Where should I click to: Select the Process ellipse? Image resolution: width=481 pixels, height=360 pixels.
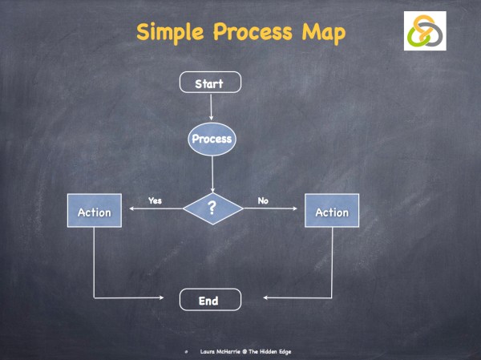point(212,139)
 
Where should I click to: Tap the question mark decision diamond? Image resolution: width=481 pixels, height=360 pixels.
point(212,208)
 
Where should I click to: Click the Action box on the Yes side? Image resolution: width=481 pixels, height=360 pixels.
point(94,212)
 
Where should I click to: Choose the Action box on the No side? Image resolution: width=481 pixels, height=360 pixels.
point(332,212)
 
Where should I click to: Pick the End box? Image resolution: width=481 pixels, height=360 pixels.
point(208,301)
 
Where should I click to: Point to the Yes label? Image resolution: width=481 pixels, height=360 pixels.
point(155,201)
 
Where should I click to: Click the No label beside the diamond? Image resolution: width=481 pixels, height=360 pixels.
point(261,201)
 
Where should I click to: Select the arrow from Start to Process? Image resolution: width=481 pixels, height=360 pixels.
point(211,107)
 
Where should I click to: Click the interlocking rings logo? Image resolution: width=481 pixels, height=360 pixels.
point(424,30)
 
